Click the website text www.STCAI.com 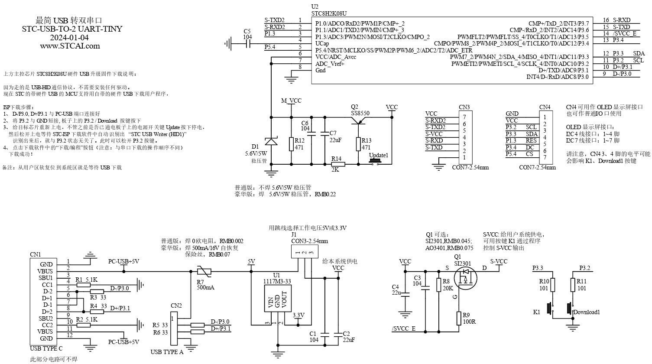(70, 45)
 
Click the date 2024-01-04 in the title (70, 37)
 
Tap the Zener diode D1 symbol (272, 142)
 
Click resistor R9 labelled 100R (459, 318)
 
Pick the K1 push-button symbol (551, 308)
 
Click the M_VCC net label (291, 101)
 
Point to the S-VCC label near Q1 (498, 261)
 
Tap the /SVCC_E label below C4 (403, 329)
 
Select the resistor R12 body (291, 144)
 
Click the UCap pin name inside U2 (322, 44)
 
